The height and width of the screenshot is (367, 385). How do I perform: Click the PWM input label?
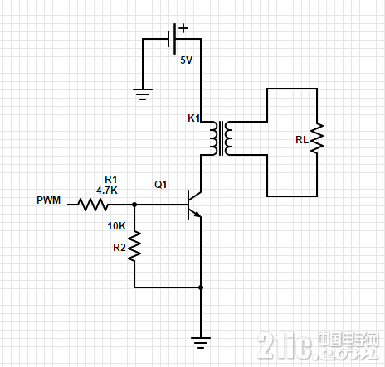[x=49, y=200]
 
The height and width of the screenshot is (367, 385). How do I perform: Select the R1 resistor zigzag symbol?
[x=93, y=205]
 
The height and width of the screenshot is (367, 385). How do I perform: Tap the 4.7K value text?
[x=107, y=191]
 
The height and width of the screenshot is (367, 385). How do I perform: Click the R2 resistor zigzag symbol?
[x=134, y=246]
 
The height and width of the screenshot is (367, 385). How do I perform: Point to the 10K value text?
[x=116, y=226]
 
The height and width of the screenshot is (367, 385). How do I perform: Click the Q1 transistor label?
[x=161, y=185]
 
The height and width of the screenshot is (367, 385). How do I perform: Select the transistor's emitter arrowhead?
[x=197, y=214]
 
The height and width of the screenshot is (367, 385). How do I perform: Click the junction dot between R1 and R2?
[x=134, y=205]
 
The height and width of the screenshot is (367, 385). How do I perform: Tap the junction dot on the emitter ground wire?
[x=201, y=287]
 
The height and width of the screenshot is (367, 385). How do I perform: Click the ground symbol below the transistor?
[x=201, y=343]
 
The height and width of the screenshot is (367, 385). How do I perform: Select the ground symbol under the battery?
[x=143, y=94]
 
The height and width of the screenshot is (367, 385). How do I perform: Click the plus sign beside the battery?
[x=183, y=28]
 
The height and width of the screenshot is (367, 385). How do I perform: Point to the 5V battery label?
[x=186, y=60]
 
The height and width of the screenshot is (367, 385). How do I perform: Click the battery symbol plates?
[x=172, y=39]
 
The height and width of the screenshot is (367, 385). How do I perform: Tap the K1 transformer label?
[x=193, y=118]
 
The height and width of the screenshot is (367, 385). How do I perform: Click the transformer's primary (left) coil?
[x=213, y=138]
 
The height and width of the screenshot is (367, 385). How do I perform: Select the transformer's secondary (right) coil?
[x=228, y=138]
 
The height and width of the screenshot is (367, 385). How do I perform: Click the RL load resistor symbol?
[x=317, y=138]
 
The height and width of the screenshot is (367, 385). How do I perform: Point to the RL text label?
[x=302, y=140]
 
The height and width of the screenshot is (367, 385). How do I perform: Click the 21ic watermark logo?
[x=318, y=345]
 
